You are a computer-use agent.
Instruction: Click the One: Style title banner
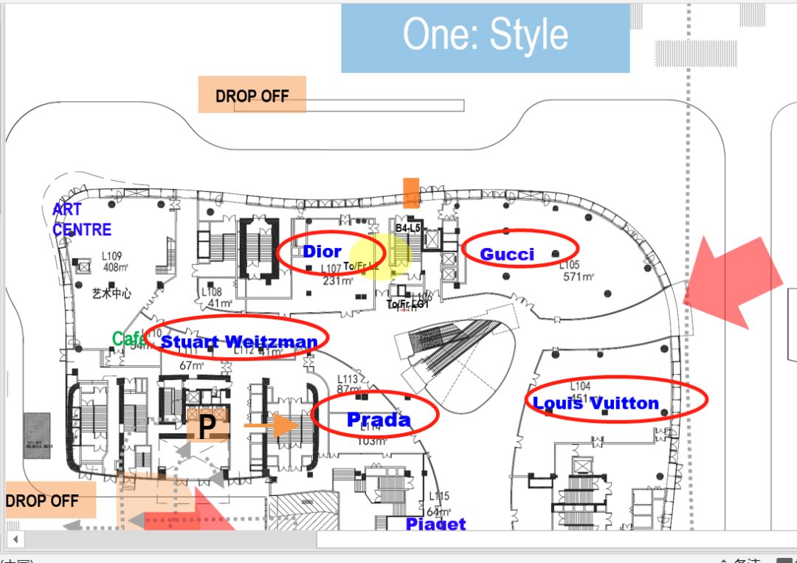(x=485, y=37)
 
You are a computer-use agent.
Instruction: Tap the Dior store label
(x=322, y=252)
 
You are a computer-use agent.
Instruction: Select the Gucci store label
(x=507, y=255)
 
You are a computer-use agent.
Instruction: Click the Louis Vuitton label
(x=596, y=403)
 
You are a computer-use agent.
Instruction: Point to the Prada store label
(x=378, y=419)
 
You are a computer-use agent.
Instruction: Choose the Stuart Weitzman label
(x=239, y=342)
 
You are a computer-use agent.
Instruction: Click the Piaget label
(x=436, y=524)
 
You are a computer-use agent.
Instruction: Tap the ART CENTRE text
(x=81, y=220)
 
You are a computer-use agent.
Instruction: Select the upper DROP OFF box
(x=252, y=95)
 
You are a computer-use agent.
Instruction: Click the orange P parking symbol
(x=207, y=425)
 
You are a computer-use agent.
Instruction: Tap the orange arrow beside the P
(x=271, y=426)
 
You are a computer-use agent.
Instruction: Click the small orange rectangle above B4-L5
(x=411, y=192)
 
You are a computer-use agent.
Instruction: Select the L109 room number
(x=116, y=256)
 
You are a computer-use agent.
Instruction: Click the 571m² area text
(x=579, y=277)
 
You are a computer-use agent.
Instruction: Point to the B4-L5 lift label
(x=407, y=229)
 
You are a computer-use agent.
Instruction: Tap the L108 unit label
(x=212, y=292)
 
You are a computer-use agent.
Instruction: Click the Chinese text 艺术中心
(x=111, y=293)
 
